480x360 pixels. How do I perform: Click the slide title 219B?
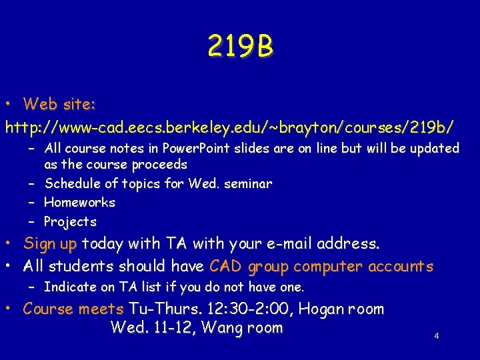click(240, 47)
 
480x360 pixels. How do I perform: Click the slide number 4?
click(436, 336)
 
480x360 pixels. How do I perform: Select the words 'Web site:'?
click(59, 104)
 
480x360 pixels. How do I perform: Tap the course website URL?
click(231, 125)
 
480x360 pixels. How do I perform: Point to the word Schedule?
click(72, 183)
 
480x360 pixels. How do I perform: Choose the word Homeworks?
click(79, 202)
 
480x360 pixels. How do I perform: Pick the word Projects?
click(70, 221)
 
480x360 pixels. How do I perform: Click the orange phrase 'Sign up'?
click(51, 244)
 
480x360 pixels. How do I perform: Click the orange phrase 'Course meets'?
click(73, 309)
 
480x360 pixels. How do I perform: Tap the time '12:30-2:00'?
click(256, 309)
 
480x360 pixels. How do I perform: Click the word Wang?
click(222, 327)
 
